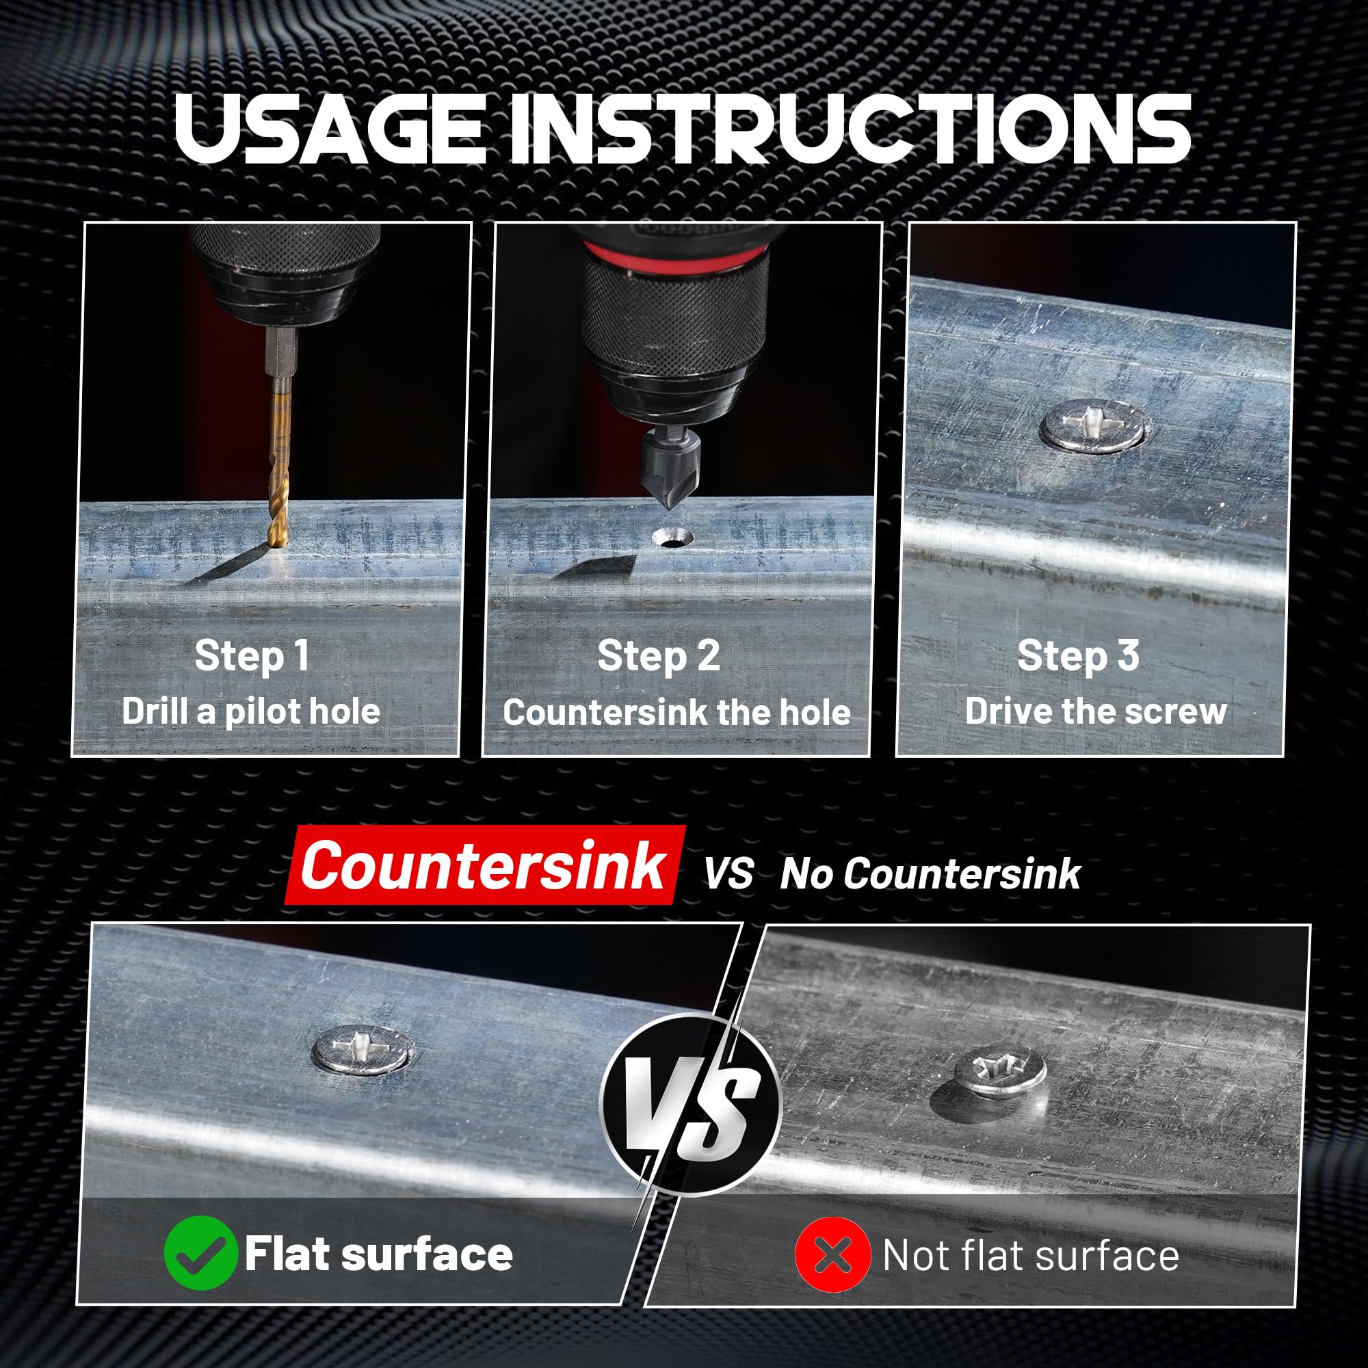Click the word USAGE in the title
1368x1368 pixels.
pyautogui.click(x=329, y=129)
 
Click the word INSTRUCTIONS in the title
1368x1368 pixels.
pyautogui.click(x=850, y=129)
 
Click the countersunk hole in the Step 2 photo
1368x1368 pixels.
pyautogui.click(x=673, y=539)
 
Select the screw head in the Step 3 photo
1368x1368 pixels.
pyautogui.click(x=1094, y=425)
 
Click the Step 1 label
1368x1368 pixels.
pyautogui.click(x=252, y=655)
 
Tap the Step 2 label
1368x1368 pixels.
pyautogui.click(x=659, y=655)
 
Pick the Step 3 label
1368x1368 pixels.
pyautogui.click(x=1078, y=655)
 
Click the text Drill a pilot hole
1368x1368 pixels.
pyautogui.click(x=250, y=711)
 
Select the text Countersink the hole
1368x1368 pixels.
pyautogui.click(x=677, y=711)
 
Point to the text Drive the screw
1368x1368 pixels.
pyautogui.click(x=1095, y=711)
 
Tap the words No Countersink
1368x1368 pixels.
pyautogui.click(x=930, y=873)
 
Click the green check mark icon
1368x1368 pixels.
pyautogui.click(x=200, y=1252)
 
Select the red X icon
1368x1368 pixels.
pyautogui.click(x=832, y=1254)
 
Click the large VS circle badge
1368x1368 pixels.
pyautogui.click(x=690, y=1104)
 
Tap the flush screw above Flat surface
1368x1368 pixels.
pyautogui.click(x=363, y=1051)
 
